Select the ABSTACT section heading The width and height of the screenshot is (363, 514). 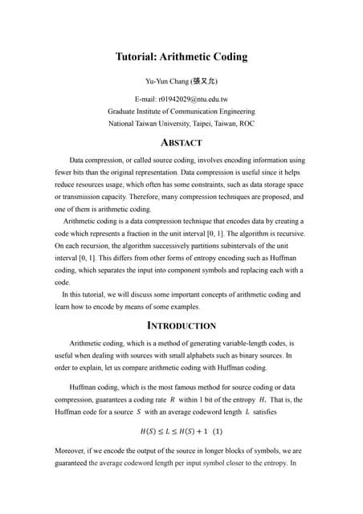tap(181, 142)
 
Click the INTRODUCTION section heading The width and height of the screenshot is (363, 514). tap(181, 326)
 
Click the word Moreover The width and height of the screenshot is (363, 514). tap(71, 451)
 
